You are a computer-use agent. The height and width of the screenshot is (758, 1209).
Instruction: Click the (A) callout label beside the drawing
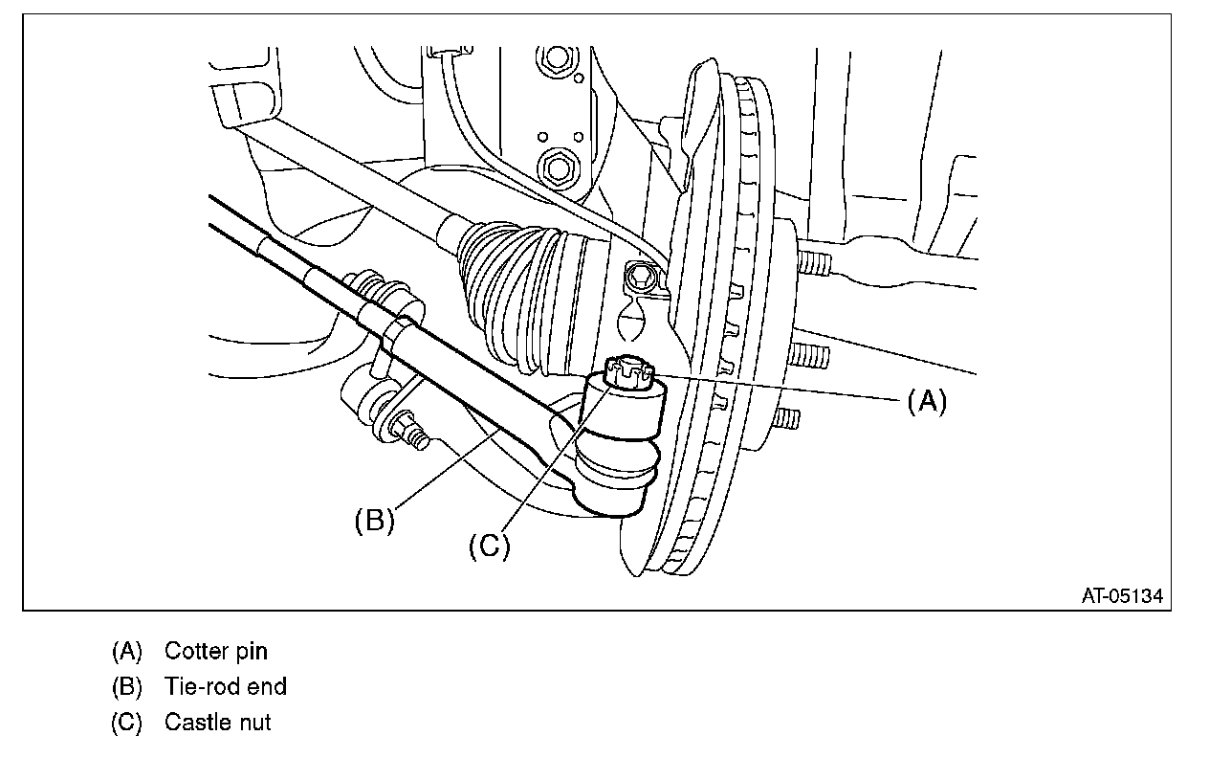point(926,402)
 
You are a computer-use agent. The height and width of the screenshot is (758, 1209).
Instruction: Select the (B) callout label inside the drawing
point(374,522)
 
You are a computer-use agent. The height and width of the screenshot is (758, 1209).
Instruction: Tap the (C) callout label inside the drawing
point(489,546)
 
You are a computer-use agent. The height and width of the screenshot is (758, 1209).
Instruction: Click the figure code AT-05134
point(1122,595)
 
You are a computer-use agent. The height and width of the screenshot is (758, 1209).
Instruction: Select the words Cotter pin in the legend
point(216,652)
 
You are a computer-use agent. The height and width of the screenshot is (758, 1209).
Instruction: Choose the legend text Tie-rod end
point(225,686)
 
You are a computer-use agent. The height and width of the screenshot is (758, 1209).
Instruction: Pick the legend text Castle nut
point(217,722)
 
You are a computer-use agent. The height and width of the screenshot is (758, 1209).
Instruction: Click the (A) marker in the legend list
point(126,652)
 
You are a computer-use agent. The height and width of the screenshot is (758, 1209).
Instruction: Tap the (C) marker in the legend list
point(126,722)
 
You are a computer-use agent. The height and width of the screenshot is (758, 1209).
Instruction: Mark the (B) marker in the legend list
point(126,686)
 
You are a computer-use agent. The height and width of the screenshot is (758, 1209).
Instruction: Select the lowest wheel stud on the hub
point(789,419)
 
